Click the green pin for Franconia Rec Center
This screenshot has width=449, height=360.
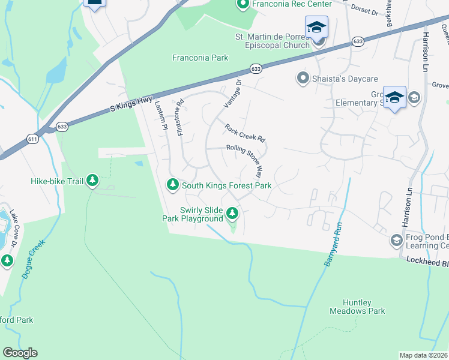pos(243,5)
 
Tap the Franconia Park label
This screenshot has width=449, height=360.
pos(200,58)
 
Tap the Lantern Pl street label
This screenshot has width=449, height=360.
pos(161,114)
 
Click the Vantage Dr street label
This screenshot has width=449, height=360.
pos(232,94)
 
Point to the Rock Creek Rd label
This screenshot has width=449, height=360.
pos(245,133)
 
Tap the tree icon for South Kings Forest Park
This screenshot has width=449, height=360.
pos(173,184)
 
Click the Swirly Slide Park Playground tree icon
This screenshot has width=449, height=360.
pos(232,213)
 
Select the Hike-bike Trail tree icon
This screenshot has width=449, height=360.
pos(92,180)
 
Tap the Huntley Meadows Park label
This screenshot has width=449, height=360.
pos(357,307)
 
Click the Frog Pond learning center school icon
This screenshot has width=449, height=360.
pos(396,241)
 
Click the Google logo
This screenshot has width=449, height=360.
pos(20,353)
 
